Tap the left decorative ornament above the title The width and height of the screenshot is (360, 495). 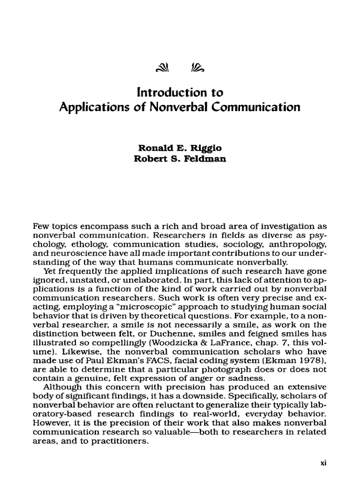click(x=162, y=67)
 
